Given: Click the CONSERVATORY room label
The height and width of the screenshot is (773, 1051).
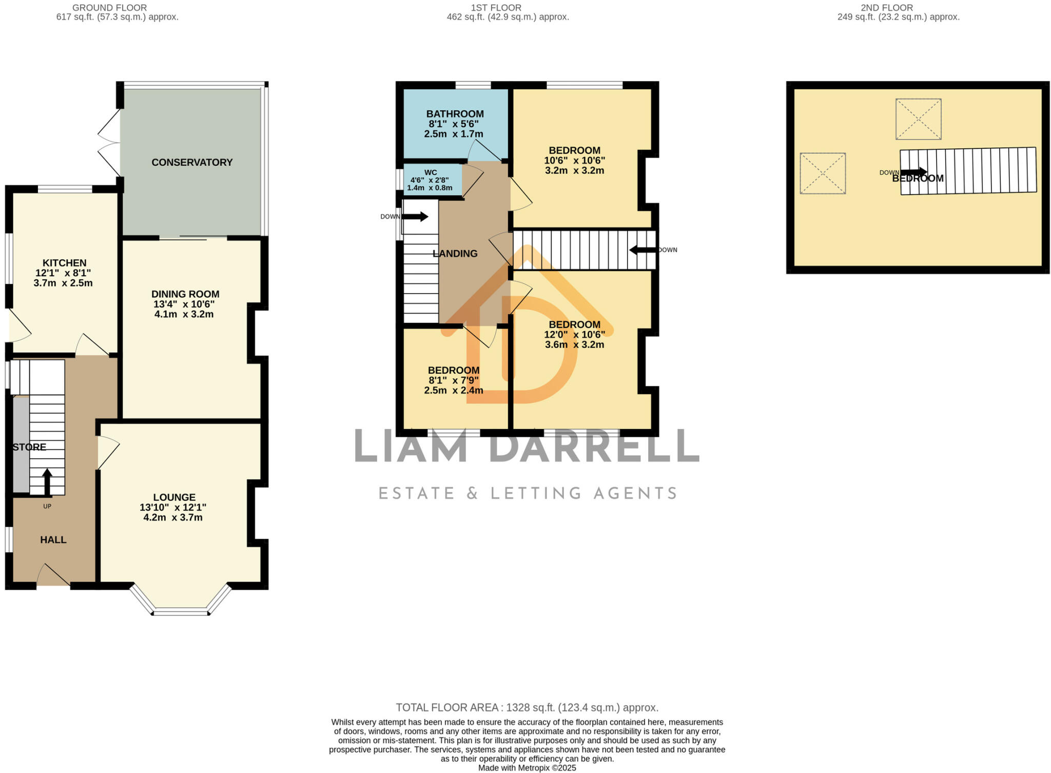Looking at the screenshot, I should click(x=192, y=162).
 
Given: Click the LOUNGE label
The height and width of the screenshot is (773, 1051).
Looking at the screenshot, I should click(x=174, y=497).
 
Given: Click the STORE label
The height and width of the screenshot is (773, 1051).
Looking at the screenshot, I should click(x=29, y=447).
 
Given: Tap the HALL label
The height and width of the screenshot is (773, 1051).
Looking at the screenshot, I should click(x=53, y=539).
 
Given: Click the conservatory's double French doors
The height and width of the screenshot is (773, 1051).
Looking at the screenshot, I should click(x=109, y=144).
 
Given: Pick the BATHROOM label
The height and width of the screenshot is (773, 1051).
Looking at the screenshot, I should click(x=455, y=114).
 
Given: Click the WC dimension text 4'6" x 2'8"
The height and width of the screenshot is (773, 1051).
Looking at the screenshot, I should click(x=430, y=180).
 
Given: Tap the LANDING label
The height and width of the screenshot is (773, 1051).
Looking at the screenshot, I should click(x=455, y=254).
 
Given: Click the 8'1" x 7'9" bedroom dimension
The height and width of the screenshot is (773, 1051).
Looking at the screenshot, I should click(x=453, y=380).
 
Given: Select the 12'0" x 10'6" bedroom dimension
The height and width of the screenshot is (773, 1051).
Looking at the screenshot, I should click(x=574, y=335).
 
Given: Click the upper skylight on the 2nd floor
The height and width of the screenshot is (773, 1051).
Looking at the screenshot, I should click(x=918, y=119).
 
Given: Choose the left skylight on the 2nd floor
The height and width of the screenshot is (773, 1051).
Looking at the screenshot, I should click(x=822, y=173).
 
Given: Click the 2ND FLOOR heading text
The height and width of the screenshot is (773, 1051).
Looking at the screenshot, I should click(x=894, y=8).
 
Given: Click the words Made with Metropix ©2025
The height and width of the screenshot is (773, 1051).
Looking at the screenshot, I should click(x=527, y=768).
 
